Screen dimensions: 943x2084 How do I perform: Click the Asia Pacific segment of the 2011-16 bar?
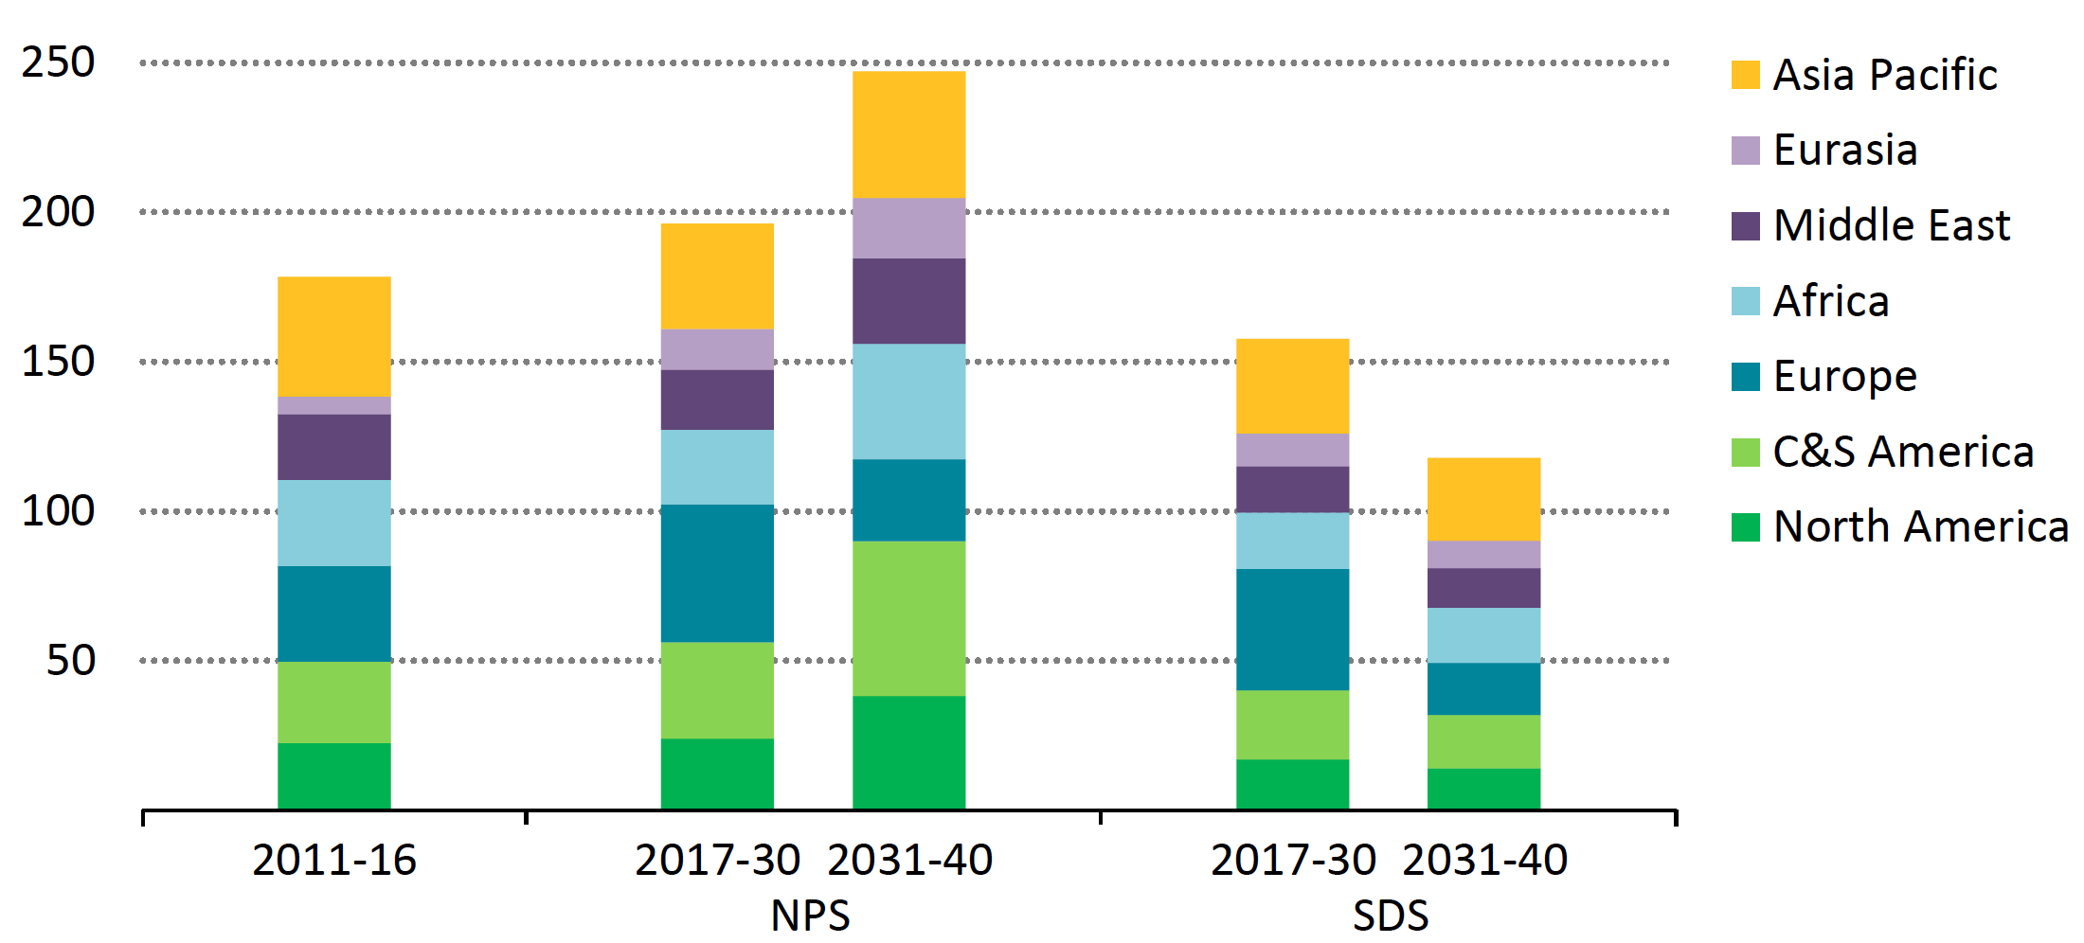(x=333, y=336)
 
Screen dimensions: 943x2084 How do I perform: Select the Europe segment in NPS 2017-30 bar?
(x=717, y=573)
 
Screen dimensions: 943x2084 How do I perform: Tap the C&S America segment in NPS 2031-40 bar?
(x=908, y=618)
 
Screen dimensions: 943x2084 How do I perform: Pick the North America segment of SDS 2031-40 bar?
(x=1483, y=789)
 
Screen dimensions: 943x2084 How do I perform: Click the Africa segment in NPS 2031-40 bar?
(x=908, y=401)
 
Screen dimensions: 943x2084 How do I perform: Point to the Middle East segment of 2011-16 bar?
(x=333, y=447)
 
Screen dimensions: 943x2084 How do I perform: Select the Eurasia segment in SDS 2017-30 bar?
(x=1292, y=450)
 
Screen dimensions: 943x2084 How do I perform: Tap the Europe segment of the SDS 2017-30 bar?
(x=1292, y=630)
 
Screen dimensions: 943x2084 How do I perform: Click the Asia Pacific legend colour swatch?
(x=1745, y=75)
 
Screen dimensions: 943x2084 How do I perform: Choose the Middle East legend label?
(x=1891, y=225)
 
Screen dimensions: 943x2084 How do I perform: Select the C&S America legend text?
(x=1903, y=452)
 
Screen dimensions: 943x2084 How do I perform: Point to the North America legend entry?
(x=1920, y=526)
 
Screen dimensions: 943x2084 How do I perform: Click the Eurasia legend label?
(x=1845, y=151)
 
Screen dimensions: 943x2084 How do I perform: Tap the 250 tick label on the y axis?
(x=59, y=62)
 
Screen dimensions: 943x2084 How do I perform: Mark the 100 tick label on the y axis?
(x=59, y=511)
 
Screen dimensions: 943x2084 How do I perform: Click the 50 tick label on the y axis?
(x=71, y=661)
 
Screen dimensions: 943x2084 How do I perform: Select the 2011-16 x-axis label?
(x=334, y=860)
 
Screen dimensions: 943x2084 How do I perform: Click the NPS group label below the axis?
(x=810, y=915)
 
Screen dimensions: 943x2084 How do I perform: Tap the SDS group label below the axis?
(x=1390, y=915)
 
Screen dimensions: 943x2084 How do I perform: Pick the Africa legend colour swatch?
(x=1745, y=301)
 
